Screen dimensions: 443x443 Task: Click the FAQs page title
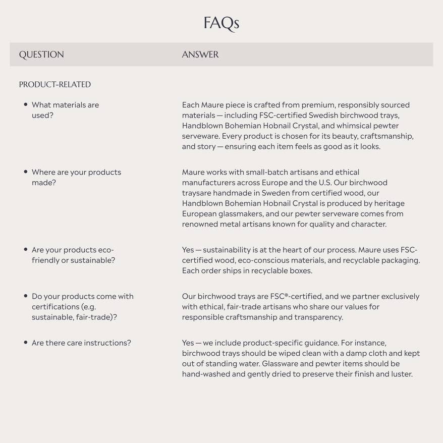(x=221, y=23)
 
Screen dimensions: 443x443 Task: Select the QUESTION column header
(x=41, y=54)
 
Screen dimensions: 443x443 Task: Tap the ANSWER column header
(x=200, y=54)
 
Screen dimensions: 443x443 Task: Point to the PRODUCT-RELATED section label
(x=55, y=84)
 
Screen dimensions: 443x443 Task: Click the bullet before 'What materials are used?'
(x=25, y=104)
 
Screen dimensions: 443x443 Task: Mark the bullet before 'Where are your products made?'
(x=25, y=172)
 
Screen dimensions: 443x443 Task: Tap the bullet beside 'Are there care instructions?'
(x=25, y=342)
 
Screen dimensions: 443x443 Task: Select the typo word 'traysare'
(x=197, y=193)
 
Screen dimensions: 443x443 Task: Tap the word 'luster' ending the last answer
(x=401, y=374)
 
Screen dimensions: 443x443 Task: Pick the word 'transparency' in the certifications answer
(x=319, y=317)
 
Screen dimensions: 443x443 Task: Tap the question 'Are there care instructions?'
(x=81, y=343)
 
